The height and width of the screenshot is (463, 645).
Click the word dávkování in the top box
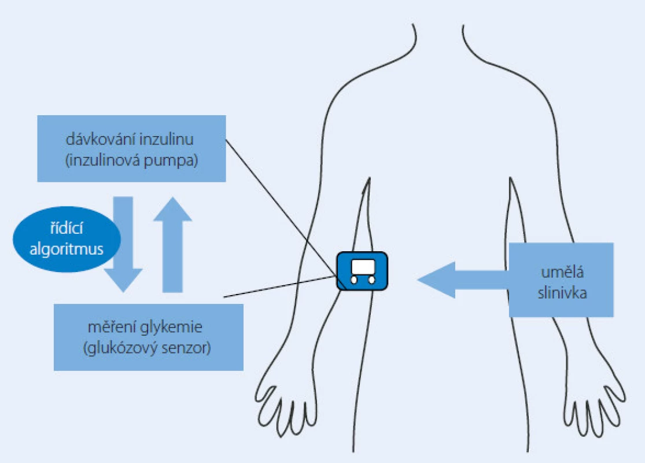click(x=101, y=139)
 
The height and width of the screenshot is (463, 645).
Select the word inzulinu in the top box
click(x=167, y=139)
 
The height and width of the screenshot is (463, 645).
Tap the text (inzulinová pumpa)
click(x=132, y=160)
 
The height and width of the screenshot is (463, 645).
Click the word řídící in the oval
click(x=67, y=227)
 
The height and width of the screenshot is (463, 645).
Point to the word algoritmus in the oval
click(x=67, y=249)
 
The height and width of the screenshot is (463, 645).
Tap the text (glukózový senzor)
click(x=147, y=348)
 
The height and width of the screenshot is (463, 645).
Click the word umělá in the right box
click(x=562, y=271)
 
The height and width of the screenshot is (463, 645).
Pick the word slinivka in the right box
click(x=562, y=293)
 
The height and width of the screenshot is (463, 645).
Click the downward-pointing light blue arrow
click(x=123, y=244)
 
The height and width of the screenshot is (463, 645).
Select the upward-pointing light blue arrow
click(x=173, y=244)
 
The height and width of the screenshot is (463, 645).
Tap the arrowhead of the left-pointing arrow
click(x=437, y=280)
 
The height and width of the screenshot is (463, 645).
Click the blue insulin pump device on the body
click(x=362, y=271)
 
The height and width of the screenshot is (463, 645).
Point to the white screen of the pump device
click(x=363, y=267)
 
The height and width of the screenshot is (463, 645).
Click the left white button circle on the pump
click(x=354, y=280)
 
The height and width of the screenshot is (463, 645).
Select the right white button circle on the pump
click(x=371, y=280)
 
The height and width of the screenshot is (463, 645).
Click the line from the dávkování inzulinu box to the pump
click(x=282, y=207)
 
